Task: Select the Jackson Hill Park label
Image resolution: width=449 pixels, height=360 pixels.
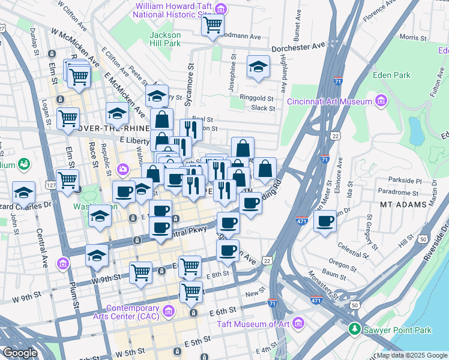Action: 164,39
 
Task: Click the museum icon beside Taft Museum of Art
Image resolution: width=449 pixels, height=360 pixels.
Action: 299,325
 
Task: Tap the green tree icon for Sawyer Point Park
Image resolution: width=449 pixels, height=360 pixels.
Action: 355,329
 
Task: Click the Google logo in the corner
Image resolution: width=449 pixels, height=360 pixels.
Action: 19,353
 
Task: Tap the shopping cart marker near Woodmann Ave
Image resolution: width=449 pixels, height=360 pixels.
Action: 212,25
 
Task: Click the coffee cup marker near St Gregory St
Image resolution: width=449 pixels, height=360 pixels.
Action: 324,220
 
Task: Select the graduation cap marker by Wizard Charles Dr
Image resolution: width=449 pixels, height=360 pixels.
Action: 23,192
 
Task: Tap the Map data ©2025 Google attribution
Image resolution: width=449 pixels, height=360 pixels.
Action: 412,355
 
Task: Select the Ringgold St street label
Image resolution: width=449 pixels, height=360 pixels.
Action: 257,98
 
